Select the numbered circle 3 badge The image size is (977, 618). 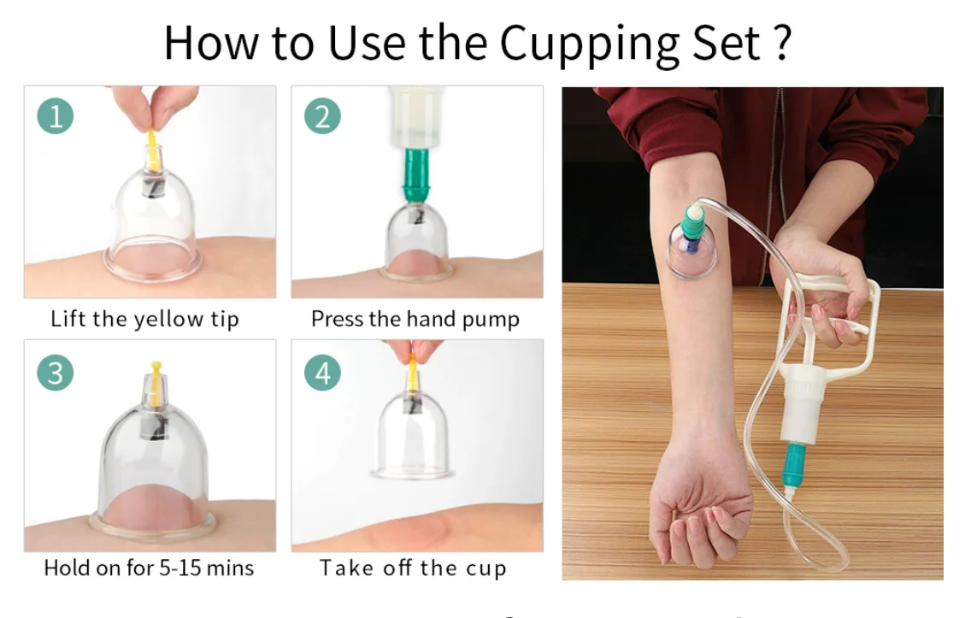(56, 373)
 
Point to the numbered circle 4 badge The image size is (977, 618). (322, 373)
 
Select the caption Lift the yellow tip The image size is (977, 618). (144, 320)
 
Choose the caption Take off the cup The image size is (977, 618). (413, 568)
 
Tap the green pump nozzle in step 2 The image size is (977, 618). (417, 175)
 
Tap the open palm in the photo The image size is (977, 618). (697, 504)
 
